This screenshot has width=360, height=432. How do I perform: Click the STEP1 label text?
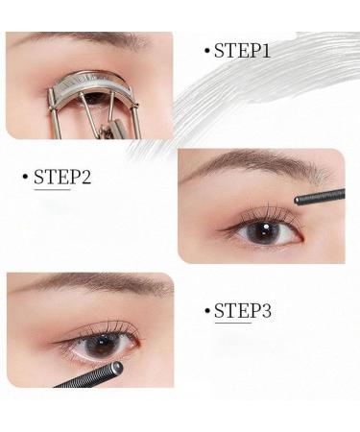pos(242,50)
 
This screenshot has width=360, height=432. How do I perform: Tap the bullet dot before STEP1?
pos(206,50)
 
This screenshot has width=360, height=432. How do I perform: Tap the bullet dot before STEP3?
pos(206,310)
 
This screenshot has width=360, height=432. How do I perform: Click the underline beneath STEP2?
pos(53,189)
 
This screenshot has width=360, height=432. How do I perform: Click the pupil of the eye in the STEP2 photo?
pos(258,231)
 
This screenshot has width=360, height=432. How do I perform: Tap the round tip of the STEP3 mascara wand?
pos(115,368)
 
